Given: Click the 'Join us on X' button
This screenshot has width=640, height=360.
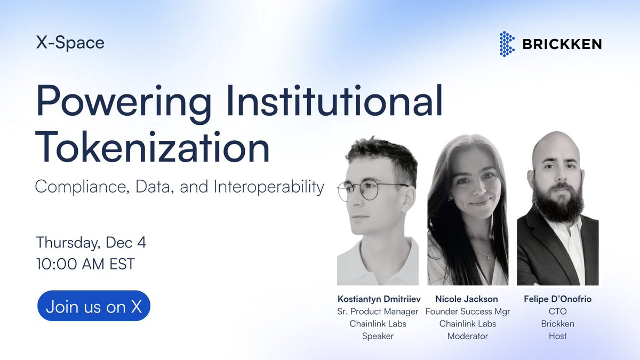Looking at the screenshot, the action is pyautogui.click(x=94, y=306).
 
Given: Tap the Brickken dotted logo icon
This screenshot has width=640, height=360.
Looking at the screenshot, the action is pyautogui.click(x=507, y=44).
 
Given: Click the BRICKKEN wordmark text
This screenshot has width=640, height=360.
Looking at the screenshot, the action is pyautogui.click(x=562, y=44).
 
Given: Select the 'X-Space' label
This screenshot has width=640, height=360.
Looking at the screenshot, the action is pyautogui.click(x=70, y=43).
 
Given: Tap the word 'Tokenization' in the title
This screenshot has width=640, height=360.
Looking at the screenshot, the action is pyautogui.click(x=153, y=147).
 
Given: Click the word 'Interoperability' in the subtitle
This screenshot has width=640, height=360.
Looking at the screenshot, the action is pyautogui.click(x=269, y=187).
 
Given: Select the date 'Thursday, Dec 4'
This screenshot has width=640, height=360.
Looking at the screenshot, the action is pyautogui.click(x=91, y=243).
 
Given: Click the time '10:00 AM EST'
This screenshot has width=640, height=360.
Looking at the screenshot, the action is pyautogui.click(x=85, y=263).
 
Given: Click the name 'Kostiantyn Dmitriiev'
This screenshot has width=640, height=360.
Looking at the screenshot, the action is pyautogui.click(x=379, y=299).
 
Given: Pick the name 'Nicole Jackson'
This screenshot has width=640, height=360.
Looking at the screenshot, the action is pyautogui.click(x=467, y=299).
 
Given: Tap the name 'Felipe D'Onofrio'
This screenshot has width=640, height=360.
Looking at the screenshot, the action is pyautogui.click(x=558, y=299).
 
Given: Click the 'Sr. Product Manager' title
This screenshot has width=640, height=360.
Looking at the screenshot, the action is pyautogui.click(x=378, y=311).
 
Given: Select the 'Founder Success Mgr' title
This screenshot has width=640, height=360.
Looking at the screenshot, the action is pyautogui.click(x=468, y=311).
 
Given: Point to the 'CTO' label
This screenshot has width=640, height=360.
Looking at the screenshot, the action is pyautogui.click(x=558, y=311).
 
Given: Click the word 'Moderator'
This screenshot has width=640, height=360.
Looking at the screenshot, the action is pyautogui.click(x=468, y=336).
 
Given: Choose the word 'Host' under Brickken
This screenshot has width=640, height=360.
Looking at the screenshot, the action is pyautogui.click(x=558, y=336).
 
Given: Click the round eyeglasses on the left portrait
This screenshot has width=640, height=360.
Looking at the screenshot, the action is pyautogui.click(x=369, y=190).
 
